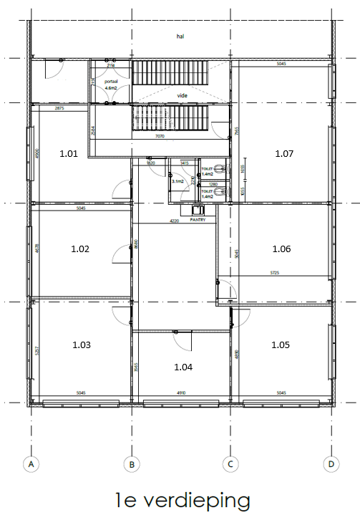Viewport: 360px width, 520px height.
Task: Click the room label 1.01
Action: [68, 153]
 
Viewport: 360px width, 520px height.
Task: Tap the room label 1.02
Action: [80, 249]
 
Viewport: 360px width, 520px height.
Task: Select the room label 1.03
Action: [82, 345]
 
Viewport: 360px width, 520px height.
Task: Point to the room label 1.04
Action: [184, 367]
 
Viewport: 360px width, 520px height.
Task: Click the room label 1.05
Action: [281, 345]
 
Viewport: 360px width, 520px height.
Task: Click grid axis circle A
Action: [30, 465]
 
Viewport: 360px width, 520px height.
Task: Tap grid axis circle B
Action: [131, 465]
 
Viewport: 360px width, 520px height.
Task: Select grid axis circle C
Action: [230, 465]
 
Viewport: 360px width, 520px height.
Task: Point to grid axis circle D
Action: [330, 465]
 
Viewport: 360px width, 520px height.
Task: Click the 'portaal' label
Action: [111, 82]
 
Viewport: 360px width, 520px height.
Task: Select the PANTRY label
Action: [198, 220]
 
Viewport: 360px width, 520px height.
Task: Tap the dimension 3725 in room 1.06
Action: [274, 273]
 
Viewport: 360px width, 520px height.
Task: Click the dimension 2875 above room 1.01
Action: [60, 107]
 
